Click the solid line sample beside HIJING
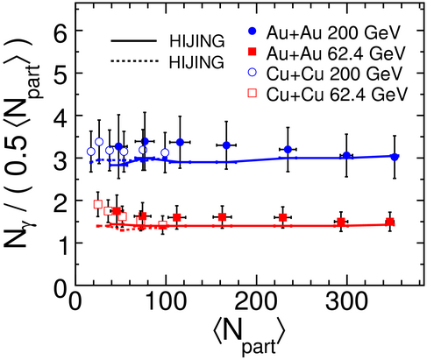(134, 41)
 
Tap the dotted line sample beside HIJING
(134, 61)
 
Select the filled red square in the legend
(252, 52)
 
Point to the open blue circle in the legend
(252, 73)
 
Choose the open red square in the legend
(252, 93)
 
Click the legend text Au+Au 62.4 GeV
(336, 53)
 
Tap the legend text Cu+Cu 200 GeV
(334, 74)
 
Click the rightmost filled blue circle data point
(395, 157)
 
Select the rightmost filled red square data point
(389, 222)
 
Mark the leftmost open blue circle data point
(91, 152)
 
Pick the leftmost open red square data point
(98, 204)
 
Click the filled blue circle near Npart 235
(288, 150)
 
